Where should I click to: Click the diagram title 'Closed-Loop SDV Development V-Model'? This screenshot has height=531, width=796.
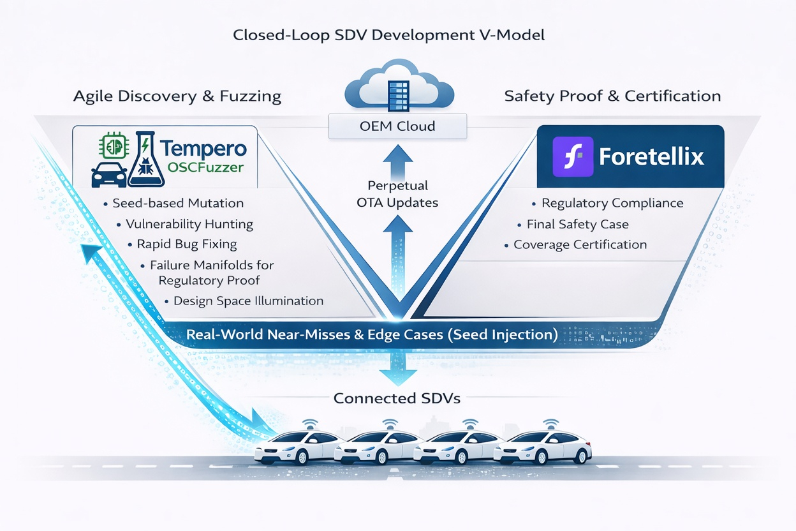click(x=389, y=34)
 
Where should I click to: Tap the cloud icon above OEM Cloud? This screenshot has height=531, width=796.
click(x=398, y=86)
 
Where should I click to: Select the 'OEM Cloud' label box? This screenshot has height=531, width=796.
click(x=398, y=126)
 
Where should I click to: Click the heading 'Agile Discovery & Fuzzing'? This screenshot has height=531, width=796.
click(x=177, y=96)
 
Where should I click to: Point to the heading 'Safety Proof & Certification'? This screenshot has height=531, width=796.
click(x=612, y=96)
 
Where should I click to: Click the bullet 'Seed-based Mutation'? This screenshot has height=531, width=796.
click(x=178, y=204)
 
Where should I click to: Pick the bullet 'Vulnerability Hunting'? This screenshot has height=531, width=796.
click(x=189, y=224)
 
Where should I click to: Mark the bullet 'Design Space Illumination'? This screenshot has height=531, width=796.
click(x=248, y=301)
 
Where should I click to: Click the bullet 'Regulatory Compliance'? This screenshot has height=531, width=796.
click(x=612, y=204)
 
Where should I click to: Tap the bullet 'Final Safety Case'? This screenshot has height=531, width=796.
click(x=577, y=224)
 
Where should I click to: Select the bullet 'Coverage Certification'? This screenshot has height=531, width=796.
click(x=580, y=244)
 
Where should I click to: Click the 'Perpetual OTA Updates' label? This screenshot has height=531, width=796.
click(x=398, y=194)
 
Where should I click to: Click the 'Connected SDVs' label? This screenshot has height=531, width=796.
click(x=397, y=398)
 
